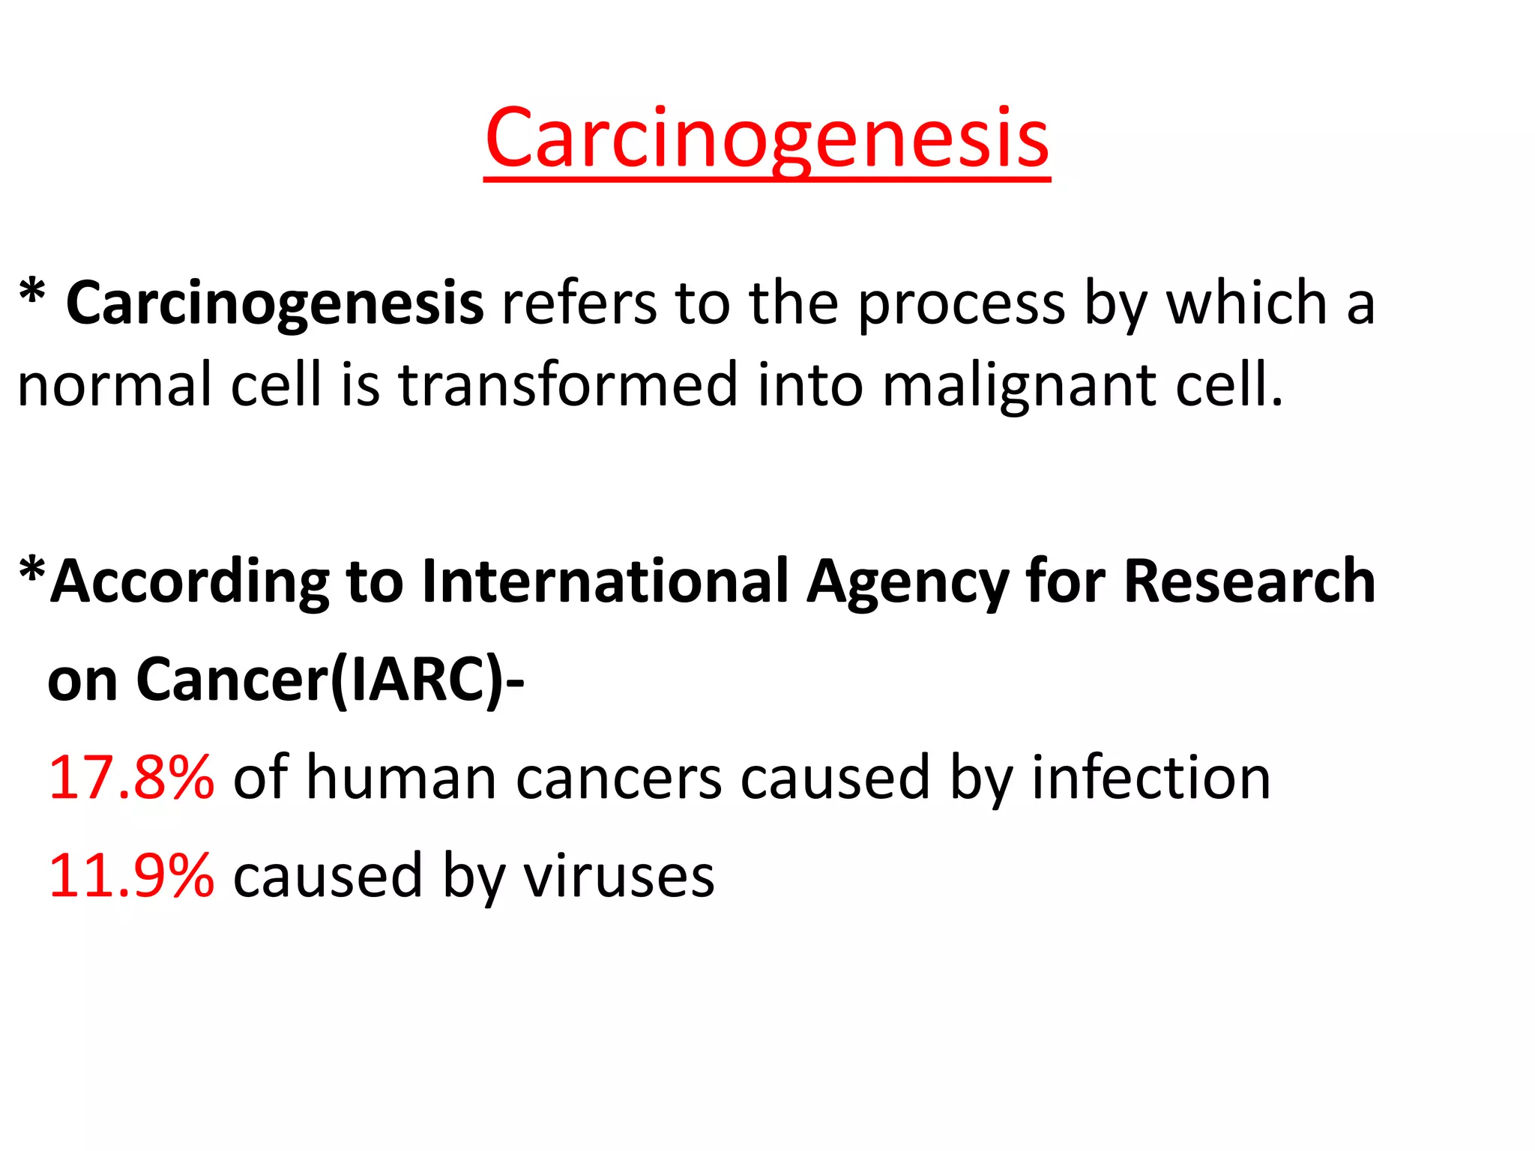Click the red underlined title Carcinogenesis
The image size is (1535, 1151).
[x=767, y=139]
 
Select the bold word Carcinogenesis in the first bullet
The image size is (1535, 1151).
[x=274, y=304]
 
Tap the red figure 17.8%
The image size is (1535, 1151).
[x=131, y=778]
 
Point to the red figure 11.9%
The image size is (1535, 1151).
[x=131, y=875]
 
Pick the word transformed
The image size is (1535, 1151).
[x=567, y=384]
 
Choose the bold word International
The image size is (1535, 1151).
[x=606, y=581]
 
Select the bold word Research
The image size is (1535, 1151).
[x=1249, y=581]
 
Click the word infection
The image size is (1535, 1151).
[x=1151, y=778]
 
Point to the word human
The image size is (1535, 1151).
[x=402, y=778]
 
